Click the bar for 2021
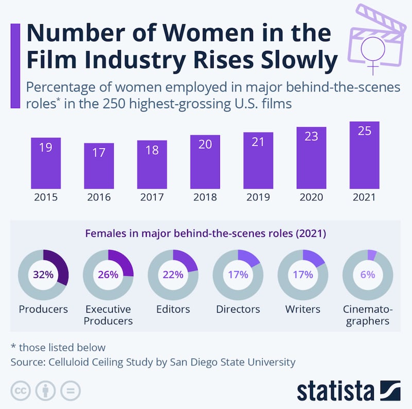pyautogui.click(x=364, y=156)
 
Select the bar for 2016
pyautogui.click(x=99, y=166)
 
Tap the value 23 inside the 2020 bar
pyautogui.click(x=311, y=137)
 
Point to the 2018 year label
pyautogui.click(x=205, y=197)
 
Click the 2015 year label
pyautogui.click(x=45, y=197)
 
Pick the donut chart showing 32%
pyautogui.click(x=43, y=275)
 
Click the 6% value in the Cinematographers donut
pyautogui.click(x=368, y=275)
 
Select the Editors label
pyautogui.click(x=173, y=310)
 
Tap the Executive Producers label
pyautogui.click(x=108, y=315)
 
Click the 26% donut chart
pyautogui.click(x=108, y=275)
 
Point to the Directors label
pyautogui.click(x=238, y=310)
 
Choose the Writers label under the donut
pyautogui.click(x=303, y=310)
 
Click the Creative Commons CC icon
pyautogui.click(x=20, y=390)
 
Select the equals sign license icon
pyautogui.click(x=71, y=390)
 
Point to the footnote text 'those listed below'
pyautogui.click(x=61, y=347)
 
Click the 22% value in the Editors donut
pyautogui.click(x=173, y=275)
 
